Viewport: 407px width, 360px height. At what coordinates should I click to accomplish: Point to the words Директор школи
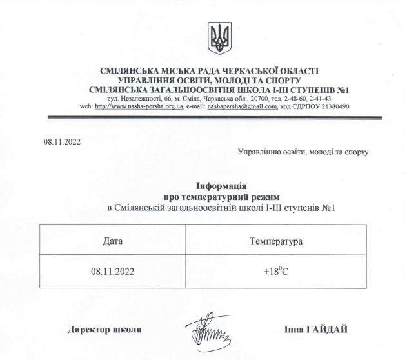tap(104, 330)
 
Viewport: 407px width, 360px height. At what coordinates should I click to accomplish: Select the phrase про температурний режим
tap(221, 196)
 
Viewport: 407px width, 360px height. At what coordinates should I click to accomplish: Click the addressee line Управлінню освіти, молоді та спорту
tap(303, 152)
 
